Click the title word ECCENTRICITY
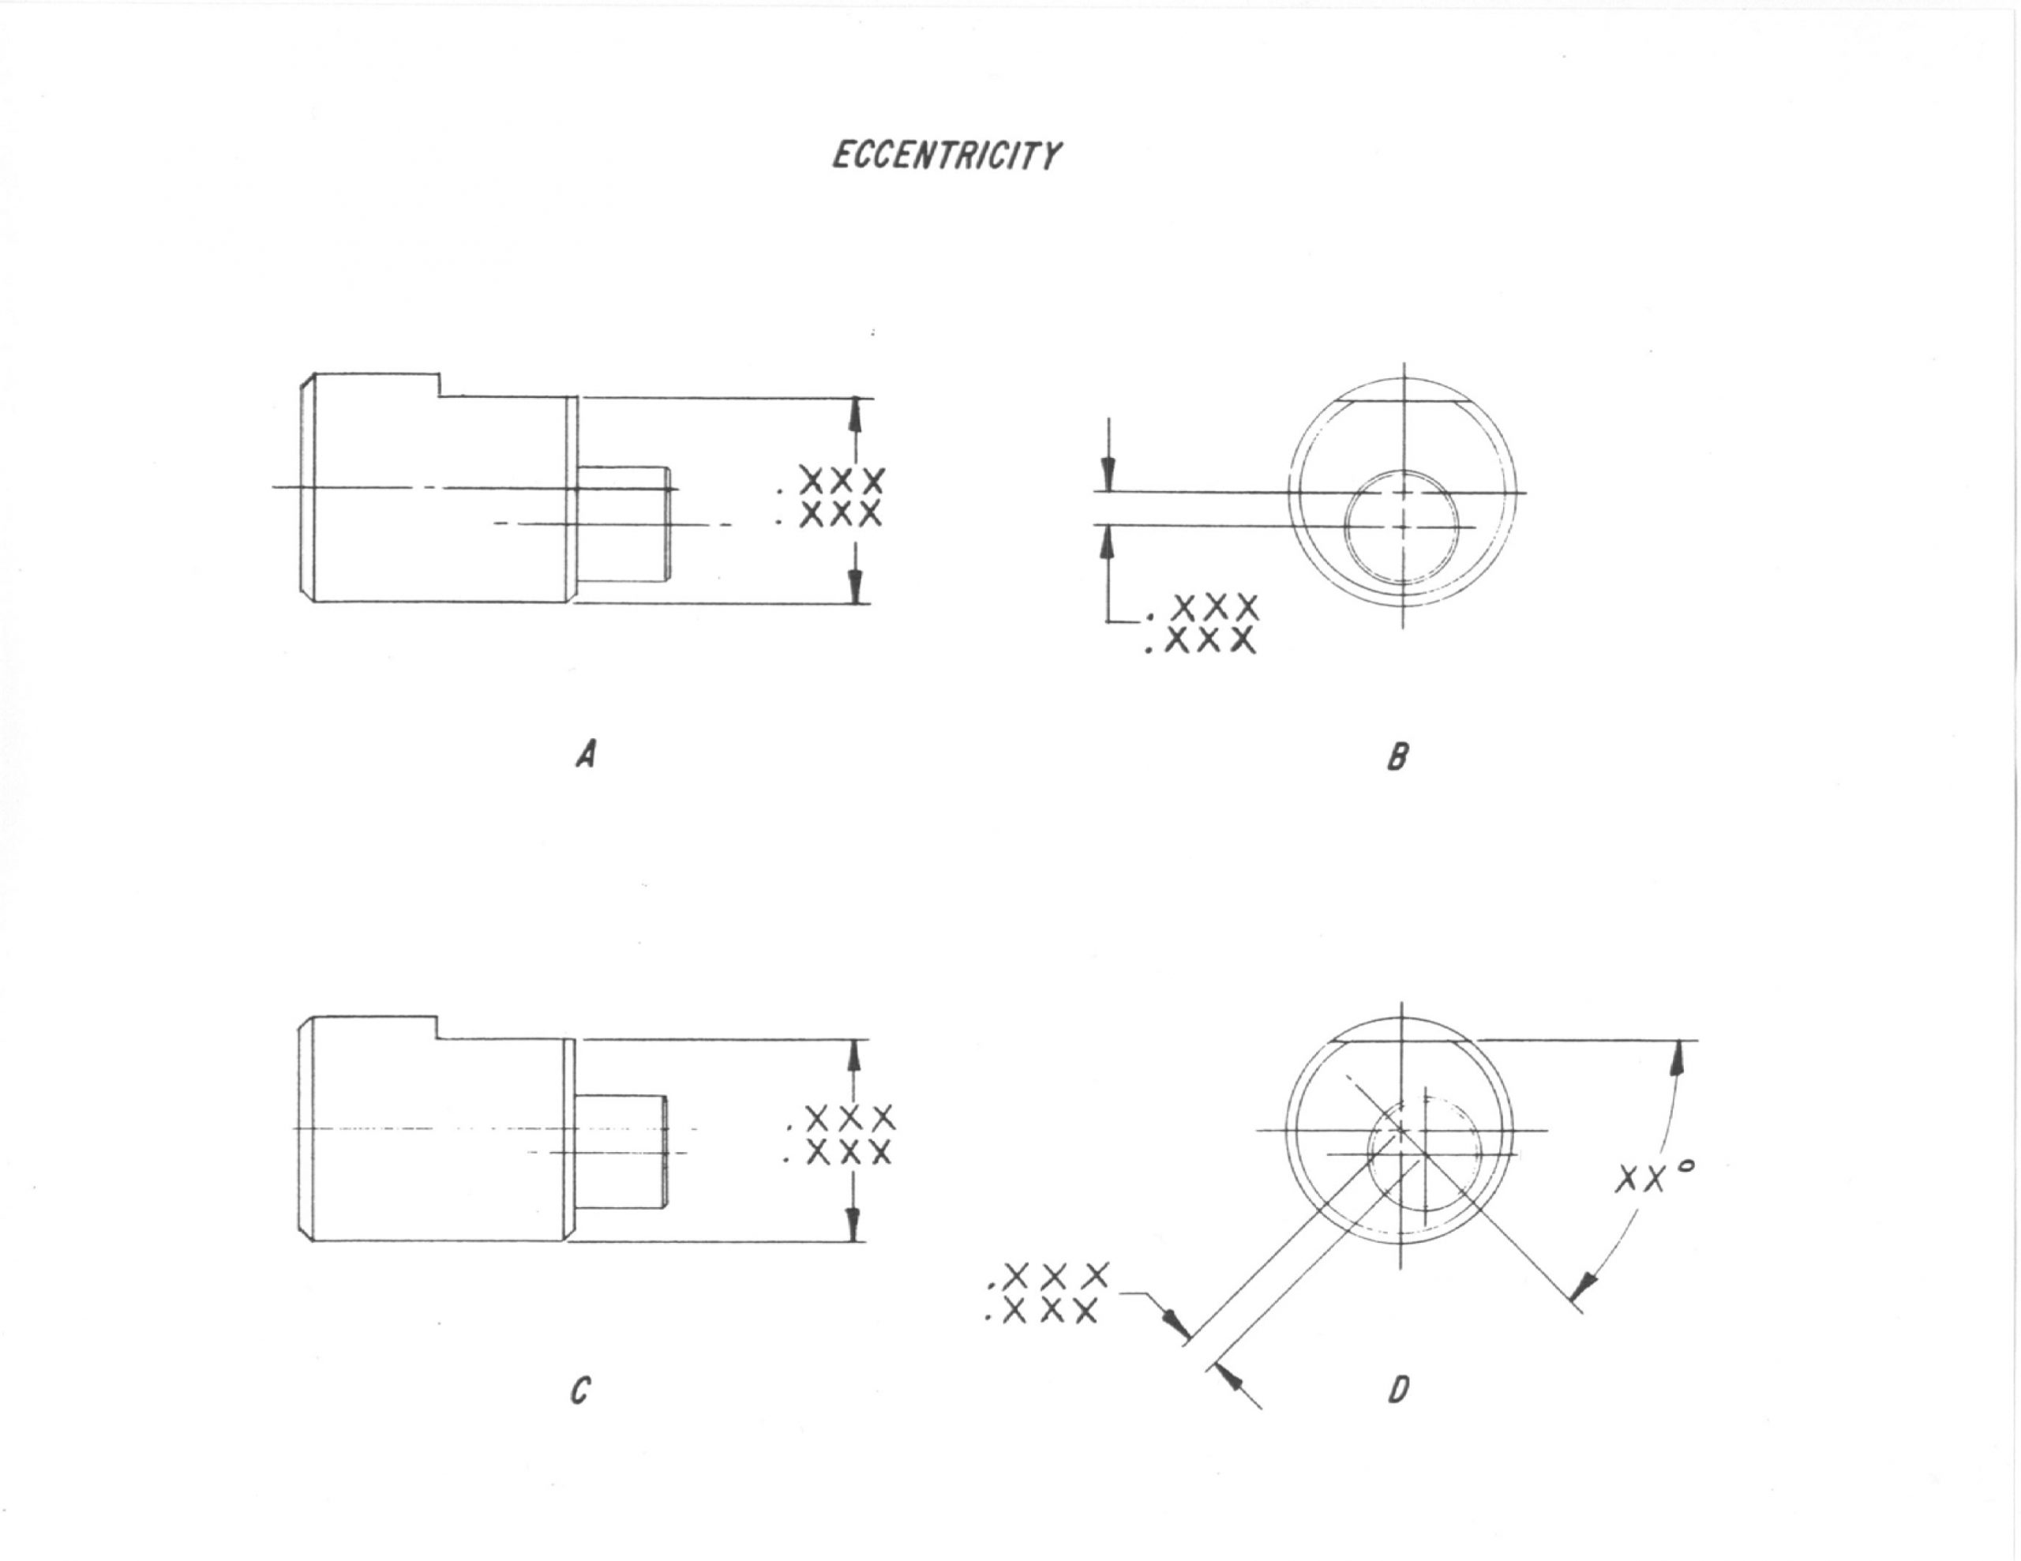coord(946,156)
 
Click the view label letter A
coord(586,756)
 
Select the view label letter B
coord(1397,758)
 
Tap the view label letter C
coord(581,1390)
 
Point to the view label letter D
coord(1398,1390)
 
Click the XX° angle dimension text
coord(1655,1177)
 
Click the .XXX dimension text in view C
coord(839,1135)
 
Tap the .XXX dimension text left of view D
coord(1047,1292)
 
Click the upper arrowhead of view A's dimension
coord(856,415)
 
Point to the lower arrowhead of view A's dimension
coord(856,585)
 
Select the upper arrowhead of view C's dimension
coord(854,1056)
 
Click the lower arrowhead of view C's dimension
coord(854,1223)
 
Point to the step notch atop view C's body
coord(437,1027)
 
